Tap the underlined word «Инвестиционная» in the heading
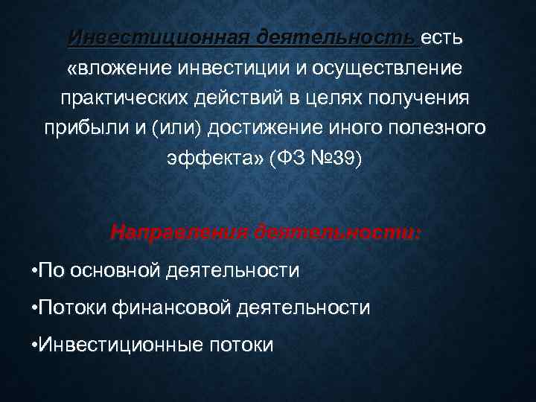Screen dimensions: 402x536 click(x=159, y=37)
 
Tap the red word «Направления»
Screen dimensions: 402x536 click(x=179, y=232)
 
